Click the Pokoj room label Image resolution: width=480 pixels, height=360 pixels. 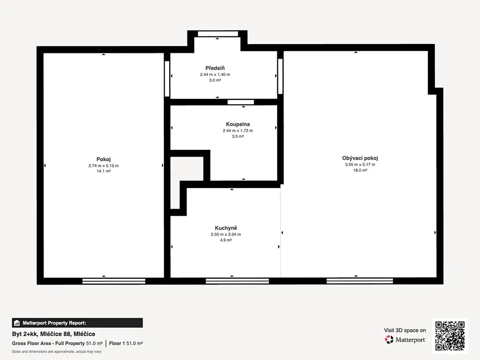click(x=104, y=159)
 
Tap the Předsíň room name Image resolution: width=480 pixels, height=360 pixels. click(x=215, y=68)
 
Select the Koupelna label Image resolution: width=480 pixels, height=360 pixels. click(x=238, y=124)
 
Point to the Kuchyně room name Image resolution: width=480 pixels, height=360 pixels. click(x=226, y=228)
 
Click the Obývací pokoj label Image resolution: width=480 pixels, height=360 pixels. click(x=360, y=158)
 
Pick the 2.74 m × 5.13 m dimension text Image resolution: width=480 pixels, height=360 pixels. click(x=104, y=165)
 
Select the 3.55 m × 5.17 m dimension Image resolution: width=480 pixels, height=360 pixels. click(x=360, y=165)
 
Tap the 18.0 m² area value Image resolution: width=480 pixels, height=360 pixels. click(x=360, y=170)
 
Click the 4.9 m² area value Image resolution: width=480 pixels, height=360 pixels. click(x=226, y=240)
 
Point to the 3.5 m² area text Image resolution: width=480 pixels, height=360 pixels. click(x=238, y=136)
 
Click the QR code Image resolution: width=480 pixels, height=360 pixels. click(x=450, y=336)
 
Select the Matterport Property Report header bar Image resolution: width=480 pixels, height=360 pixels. click(x=77, y=323)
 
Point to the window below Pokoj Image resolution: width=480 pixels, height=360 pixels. click(x=114, y=281)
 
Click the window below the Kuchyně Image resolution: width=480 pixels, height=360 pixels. click(x=237, y=281)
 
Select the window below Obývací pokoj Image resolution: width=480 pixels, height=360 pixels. click(x=360, y=281)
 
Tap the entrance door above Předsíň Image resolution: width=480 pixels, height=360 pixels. click(x=218, y=34)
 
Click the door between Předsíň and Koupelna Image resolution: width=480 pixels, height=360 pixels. click(x=240, y=102)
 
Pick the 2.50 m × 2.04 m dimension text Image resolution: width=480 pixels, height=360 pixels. click(x=226, y=234)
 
